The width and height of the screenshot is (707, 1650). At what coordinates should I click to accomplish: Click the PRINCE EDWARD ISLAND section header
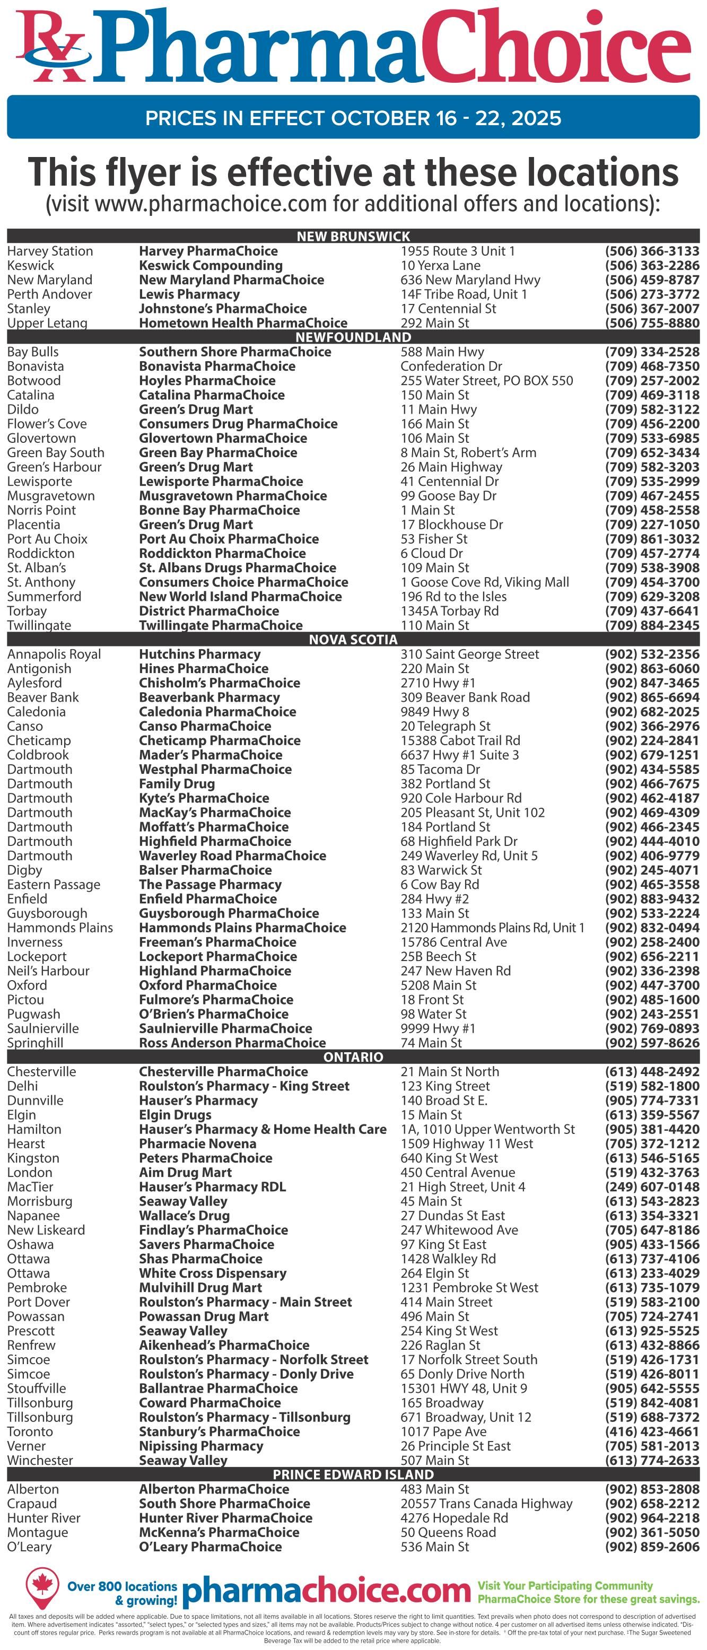(x=353, y=1474)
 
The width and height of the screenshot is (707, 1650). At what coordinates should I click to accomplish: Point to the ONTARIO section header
(x=353, y=1057)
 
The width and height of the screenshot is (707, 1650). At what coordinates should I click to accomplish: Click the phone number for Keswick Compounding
(x=652, y=266)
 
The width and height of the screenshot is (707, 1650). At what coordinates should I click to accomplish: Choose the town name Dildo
(x=23, y=409)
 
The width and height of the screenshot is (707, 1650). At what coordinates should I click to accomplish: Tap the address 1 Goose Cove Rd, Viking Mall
(x=485, y=582)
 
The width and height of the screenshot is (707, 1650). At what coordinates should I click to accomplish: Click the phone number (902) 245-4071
(x=652, y=870)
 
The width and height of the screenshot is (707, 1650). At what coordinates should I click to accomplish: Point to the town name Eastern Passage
(x=54, y=885)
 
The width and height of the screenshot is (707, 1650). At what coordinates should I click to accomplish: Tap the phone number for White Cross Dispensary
(x=652, y=1273)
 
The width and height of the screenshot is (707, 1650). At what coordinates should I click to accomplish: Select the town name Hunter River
(x=43, y=1518)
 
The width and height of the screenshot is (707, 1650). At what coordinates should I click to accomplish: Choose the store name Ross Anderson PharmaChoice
(x=232, y=1043)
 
